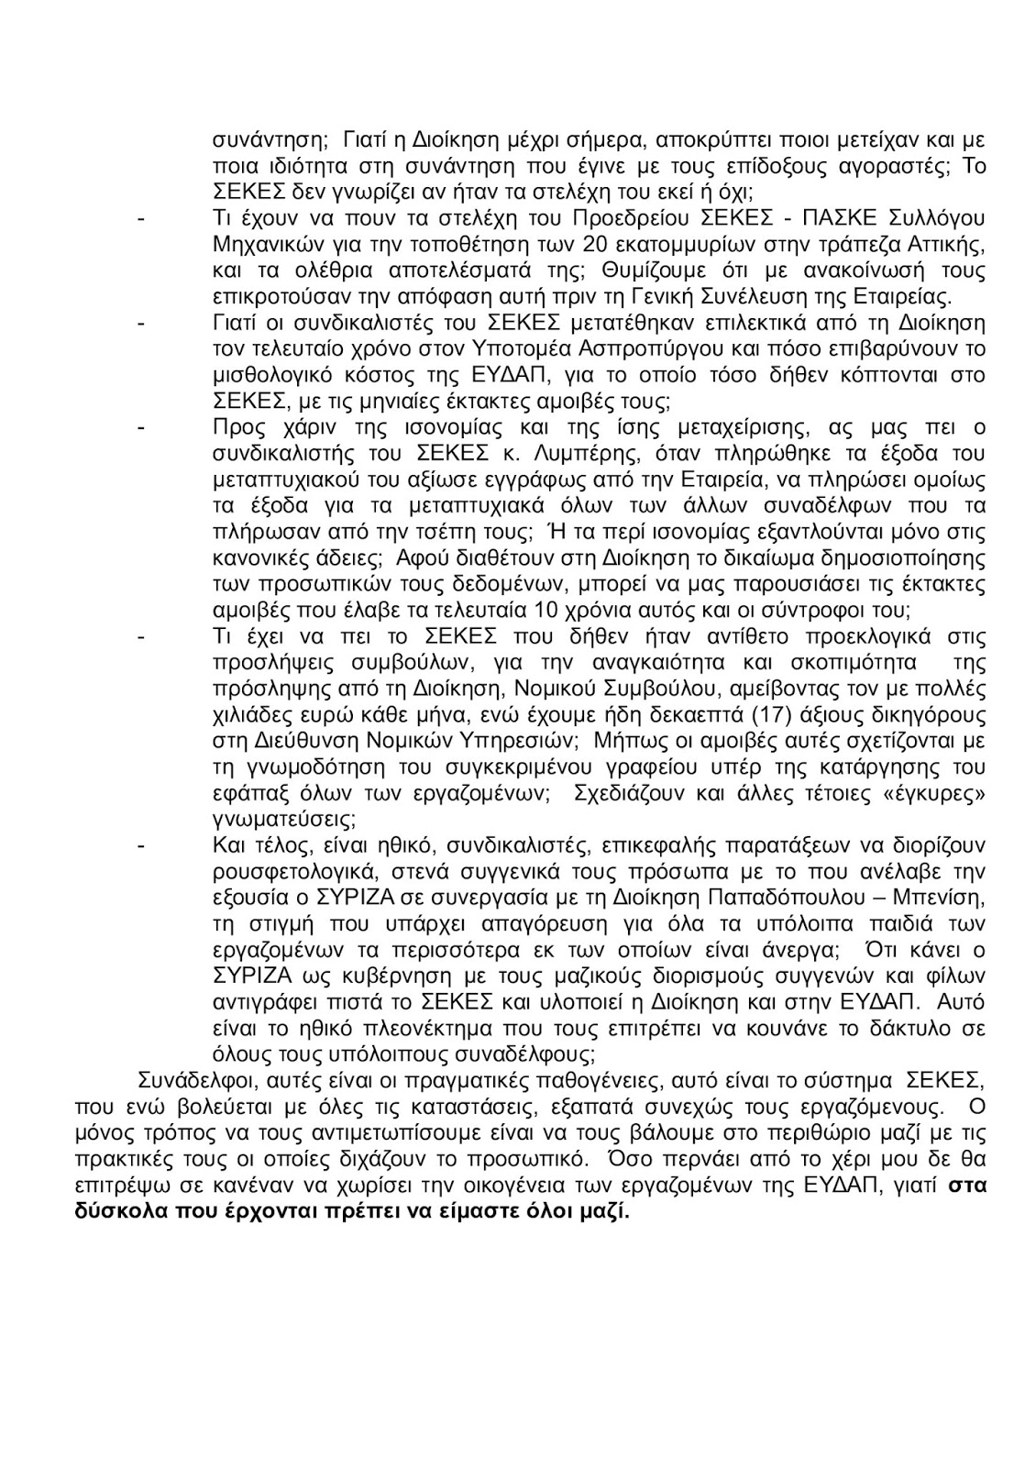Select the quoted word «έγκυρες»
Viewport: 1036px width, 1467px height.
(932, 791)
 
